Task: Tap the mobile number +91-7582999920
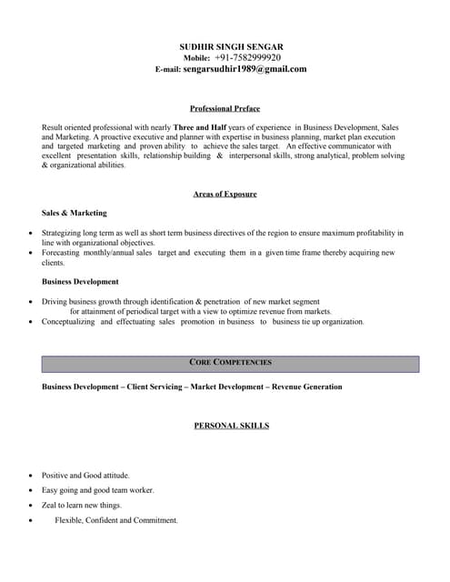(254, 57)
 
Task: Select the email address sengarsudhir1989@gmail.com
(245, 69)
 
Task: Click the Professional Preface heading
(225, 108)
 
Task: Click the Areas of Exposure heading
(225, 194)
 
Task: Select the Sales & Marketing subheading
(75, 213)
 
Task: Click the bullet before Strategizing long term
(32, 234)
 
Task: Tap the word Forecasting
(62, 253)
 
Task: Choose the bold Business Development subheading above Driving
(80, 282)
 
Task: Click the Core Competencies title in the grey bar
(230, 363)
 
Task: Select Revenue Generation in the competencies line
(305, 386)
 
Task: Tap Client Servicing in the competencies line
(155, 386)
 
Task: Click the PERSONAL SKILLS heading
(231, 426)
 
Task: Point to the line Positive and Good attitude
(85, 476)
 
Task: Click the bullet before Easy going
(32, 491)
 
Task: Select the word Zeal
(50, 506)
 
